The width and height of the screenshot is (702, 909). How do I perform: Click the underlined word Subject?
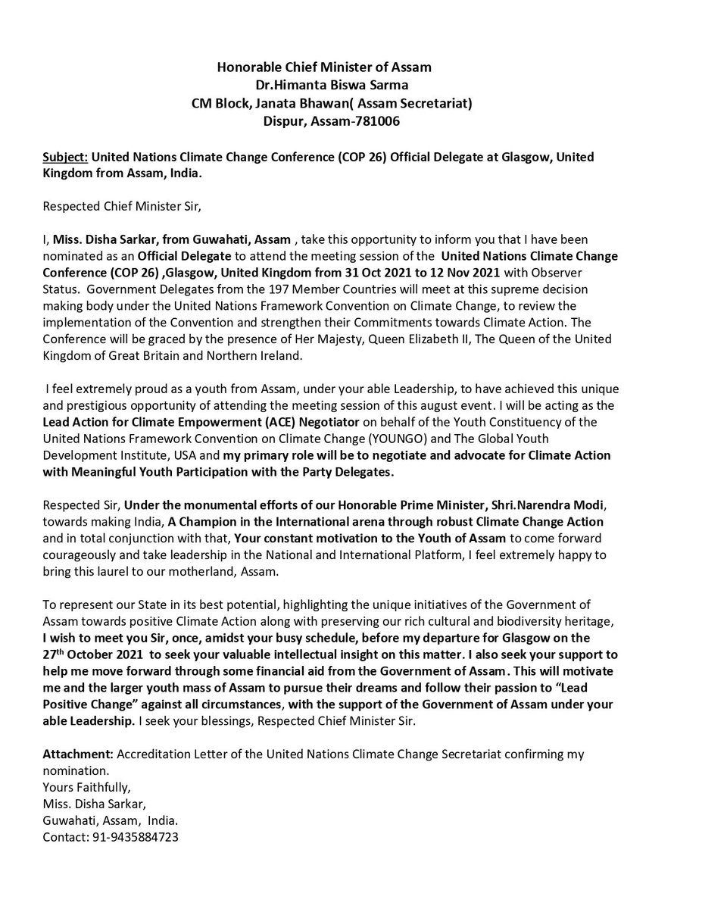(66, 156)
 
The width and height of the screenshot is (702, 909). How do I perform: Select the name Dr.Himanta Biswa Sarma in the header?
(325, 84)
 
